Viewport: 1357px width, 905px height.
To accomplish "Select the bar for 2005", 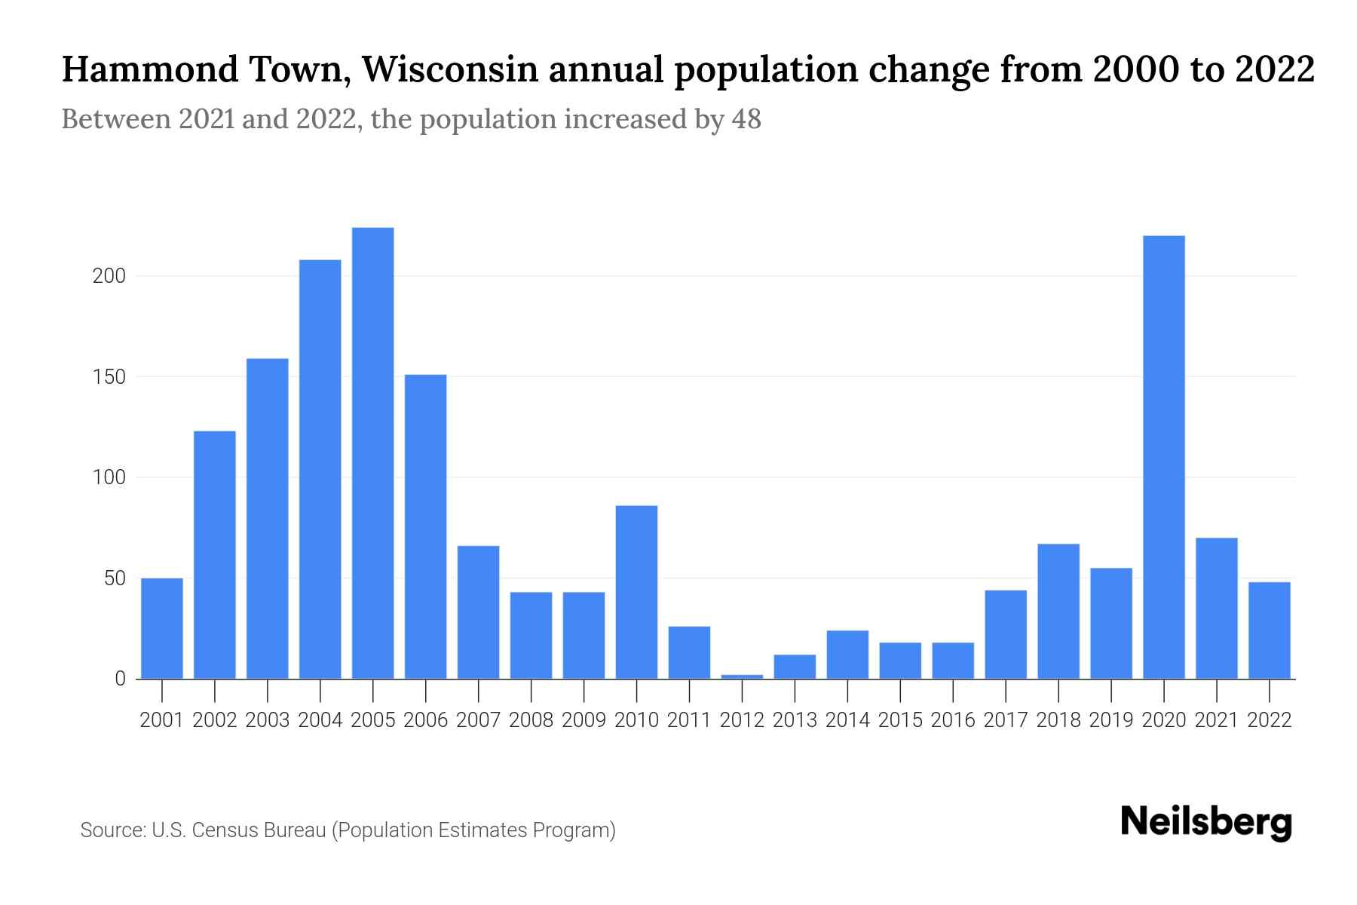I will pos(372,452).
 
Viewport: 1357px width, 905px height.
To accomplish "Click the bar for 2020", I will pos(1163,457).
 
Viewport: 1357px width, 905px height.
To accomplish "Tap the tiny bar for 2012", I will pos(742,676).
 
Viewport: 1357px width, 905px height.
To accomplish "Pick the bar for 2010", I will pos(636,592).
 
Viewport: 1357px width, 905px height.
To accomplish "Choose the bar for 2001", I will pos(162,628).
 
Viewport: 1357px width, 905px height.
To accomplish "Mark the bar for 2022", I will pos(1269,630).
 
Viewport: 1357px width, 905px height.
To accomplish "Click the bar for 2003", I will pos(268,518).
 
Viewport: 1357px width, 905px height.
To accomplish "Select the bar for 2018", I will pos(1058,611).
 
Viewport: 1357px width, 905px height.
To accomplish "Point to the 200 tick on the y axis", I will pos(109,276).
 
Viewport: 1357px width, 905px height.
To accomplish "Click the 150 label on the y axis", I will pos(109,376).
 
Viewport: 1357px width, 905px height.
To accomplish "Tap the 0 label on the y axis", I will pos(120,679).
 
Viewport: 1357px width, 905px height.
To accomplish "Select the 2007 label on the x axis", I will pos(478,720).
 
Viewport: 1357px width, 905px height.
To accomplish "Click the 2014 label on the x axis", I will pos(847,720).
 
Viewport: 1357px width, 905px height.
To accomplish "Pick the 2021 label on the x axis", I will pos(1216,720).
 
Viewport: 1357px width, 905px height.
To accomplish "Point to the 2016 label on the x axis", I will pos(953,720).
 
